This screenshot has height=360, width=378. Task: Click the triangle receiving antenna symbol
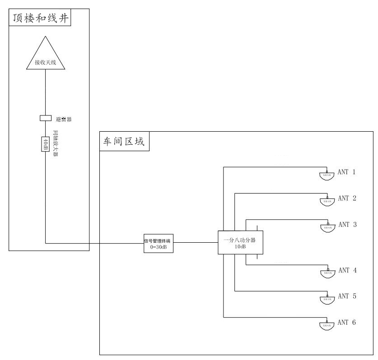tap(46, 56)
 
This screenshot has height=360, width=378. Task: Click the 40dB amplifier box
tap(46, 144)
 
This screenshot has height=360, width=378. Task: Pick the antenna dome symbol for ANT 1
tap(327, 175)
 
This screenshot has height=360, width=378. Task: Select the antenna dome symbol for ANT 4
tap(327, 272)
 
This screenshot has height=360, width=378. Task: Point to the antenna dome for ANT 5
tap(327, 298)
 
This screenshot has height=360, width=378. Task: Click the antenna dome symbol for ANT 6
tap(327, 324)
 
